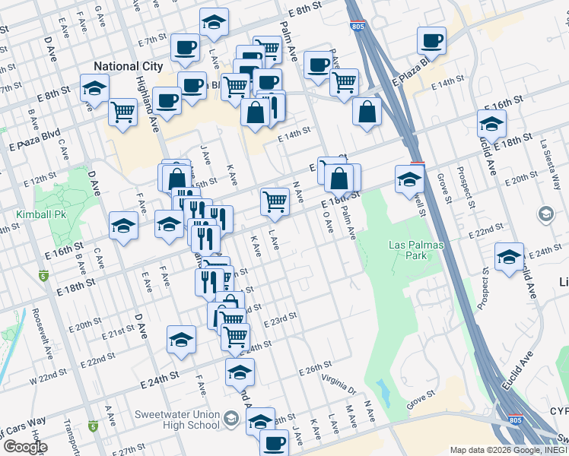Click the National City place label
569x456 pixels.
click(128, 66)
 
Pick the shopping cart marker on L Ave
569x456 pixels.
click(275, 201)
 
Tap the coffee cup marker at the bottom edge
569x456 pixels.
click(274, 442)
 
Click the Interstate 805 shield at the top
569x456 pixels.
click(357, 27)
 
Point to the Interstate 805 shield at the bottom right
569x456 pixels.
click(515, 419)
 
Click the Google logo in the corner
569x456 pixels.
click(24, 446)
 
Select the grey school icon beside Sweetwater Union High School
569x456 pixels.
click(231, 419)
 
